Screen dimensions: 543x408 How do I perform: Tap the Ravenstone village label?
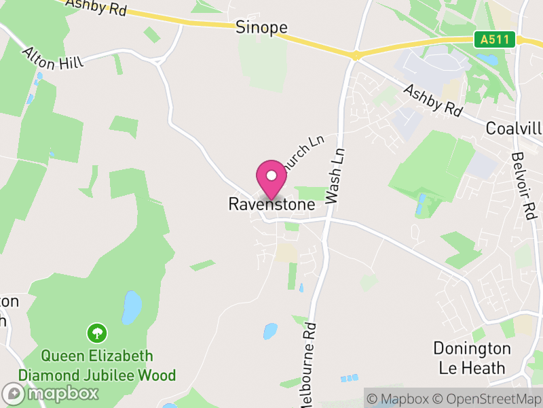[271, 204]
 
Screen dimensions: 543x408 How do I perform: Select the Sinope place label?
[261, 27]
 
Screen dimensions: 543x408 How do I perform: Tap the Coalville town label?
[514, 129]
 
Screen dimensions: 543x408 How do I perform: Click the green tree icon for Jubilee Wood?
[97, 333]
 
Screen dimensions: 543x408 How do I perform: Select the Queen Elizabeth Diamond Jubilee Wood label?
[97, 365]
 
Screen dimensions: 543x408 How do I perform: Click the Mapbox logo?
[51, 393]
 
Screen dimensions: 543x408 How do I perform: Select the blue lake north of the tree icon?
[132, 307]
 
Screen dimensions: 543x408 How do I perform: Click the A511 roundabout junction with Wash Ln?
[355, 55]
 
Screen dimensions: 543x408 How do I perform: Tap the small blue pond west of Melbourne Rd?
[270, 331]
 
